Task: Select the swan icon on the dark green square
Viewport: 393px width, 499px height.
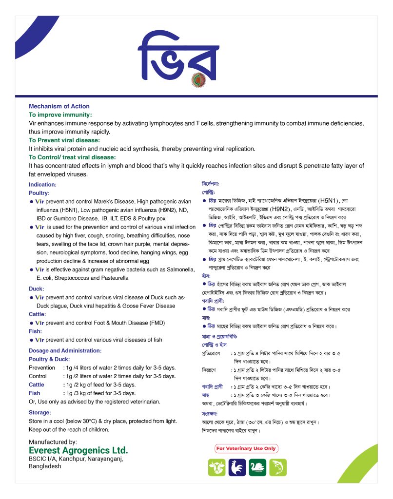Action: [x=257, y=468]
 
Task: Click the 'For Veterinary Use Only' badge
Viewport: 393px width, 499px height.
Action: [x=246, y=448]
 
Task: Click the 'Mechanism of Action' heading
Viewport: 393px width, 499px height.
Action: [x=59, y=106]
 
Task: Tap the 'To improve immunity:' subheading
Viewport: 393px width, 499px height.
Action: [x=60, y=115]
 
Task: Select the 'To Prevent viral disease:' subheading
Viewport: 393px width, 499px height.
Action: [x=64, y=140]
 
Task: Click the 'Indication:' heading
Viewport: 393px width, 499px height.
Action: [x=43, y=185]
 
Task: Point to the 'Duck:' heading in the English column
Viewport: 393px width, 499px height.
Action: [x=37, y=288]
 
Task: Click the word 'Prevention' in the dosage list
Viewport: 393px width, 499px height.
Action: [x=42, y=367]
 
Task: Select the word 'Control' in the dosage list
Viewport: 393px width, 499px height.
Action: [x=38, y=376]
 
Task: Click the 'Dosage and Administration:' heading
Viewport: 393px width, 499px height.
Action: [x=65, y=350]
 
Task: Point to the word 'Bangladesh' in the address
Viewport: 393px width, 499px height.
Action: [x=45, y=466]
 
